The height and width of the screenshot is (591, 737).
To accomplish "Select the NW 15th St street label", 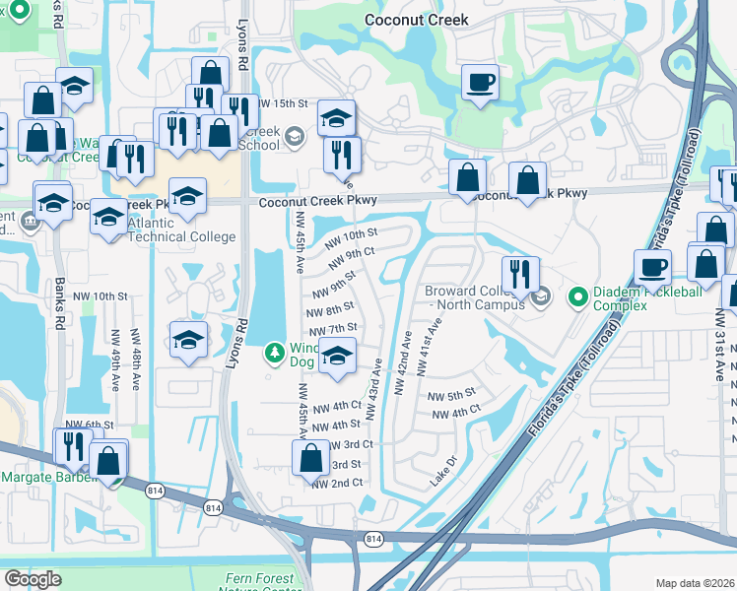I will pos(283,103).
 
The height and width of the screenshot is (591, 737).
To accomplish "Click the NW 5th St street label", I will pos(452,395).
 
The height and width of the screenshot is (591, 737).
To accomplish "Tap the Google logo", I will pos(33,578).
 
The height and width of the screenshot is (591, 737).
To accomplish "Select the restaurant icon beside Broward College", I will pos(519,274).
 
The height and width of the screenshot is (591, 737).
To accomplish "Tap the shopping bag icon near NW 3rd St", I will pos(311,457).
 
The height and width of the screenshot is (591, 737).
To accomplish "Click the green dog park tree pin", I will pos(277,351).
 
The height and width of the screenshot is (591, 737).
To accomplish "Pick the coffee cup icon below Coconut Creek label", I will pos(480,83).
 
